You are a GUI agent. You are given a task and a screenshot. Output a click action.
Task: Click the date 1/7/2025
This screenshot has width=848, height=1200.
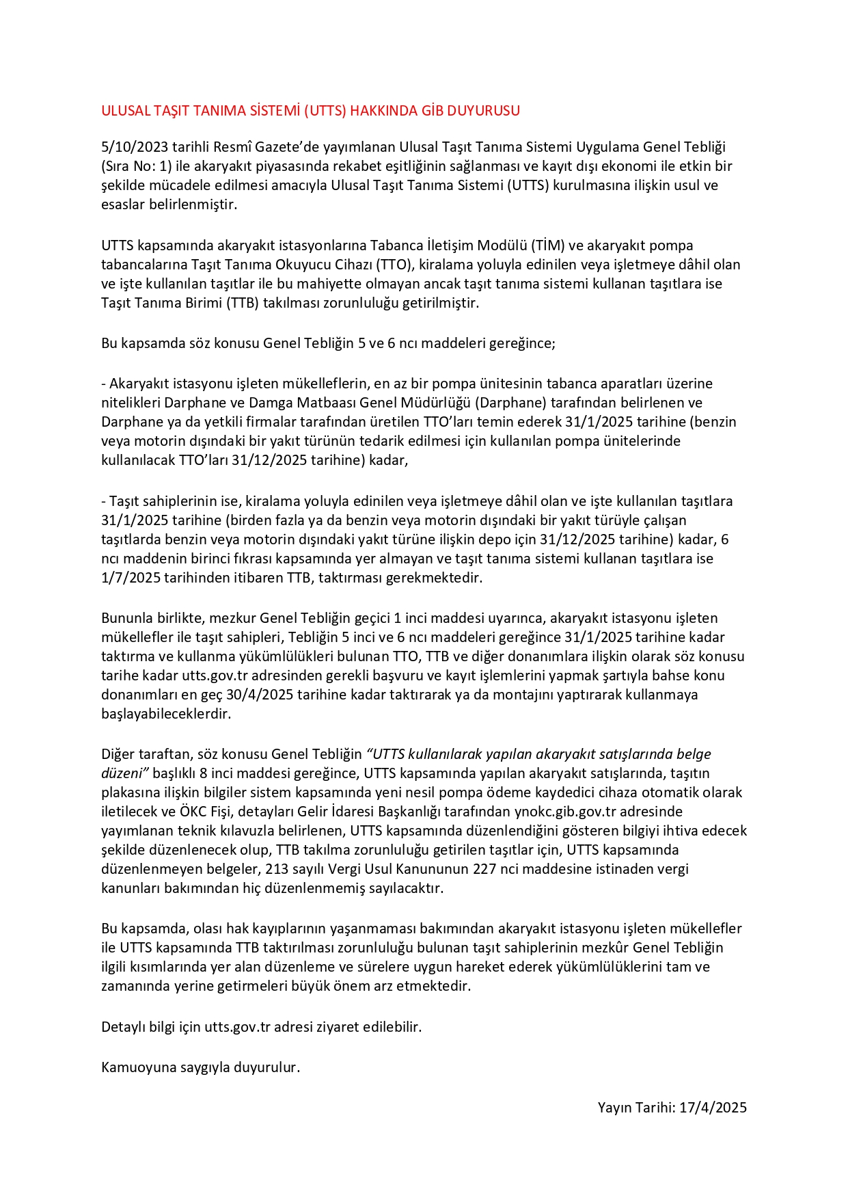pos(131,578)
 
